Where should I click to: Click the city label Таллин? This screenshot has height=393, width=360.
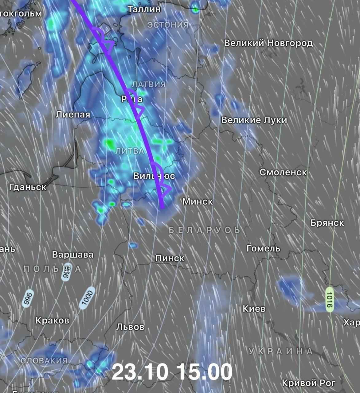pyautogui.click(x=144, y=9)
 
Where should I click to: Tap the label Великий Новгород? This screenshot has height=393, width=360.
pyautogui.click(x=268, y=43)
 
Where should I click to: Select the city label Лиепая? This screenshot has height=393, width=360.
pyautogui.click(x=73, y=115)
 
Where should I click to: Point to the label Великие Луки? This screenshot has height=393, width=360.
pyautogui.click(x=254, y=120)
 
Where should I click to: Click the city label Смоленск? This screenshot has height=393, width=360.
pyautogui.click(x=283, y=172)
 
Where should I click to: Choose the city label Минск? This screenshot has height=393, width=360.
pyautogui.click(x=198, y=201)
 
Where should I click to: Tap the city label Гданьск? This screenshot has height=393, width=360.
pyautogui.click(x=28, y=187)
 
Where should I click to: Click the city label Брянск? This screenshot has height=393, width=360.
pyautogui.click(x=327, y=223)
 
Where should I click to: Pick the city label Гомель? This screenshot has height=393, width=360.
pyautogui.click(x=263, y=248)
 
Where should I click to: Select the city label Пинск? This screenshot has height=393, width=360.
pyautogui.click(x=170, y=258)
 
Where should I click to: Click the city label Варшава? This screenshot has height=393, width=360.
pyautogui.click(x=73, y=255)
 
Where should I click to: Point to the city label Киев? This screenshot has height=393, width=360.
pyautogui.click(x=254, y=309)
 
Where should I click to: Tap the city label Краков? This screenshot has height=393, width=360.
pyautogui.click(x=53, y=321)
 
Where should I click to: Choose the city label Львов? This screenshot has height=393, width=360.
pyautogui.click(x=130, y=327)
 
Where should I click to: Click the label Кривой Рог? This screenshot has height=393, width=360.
pyautogui.click(x=308, y=383)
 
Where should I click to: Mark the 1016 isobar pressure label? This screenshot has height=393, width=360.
pyautogui.click(x=330, y=300)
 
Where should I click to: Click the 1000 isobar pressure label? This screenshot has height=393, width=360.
pyautogui.click(x=86, y=298)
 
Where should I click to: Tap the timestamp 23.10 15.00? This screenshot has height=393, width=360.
pyautogui.click(x=172, y=372)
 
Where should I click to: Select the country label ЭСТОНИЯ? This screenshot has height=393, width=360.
pyautogui.click(x=168, y=25)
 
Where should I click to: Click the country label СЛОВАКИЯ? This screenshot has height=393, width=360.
pyautogui.click(x=44, y=360)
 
